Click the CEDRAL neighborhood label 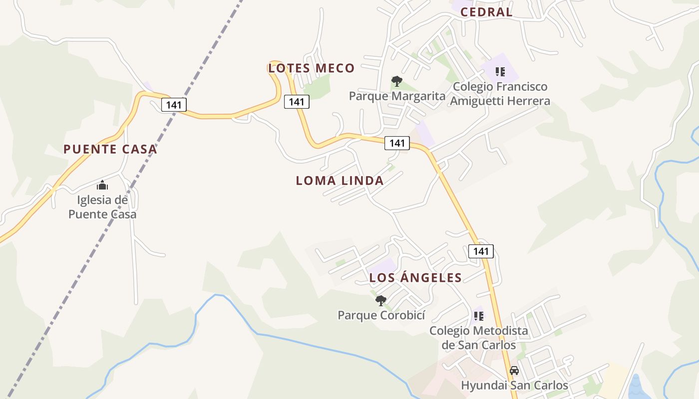point(486,12)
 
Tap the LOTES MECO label point(312,68)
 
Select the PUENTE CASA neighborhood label point(110,149)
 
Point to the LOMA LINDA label point(340,181)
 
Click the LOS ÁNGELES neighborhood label point(415,278)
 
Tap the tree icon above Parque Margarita point(397,81)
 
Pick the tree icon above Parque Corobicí point(381,300)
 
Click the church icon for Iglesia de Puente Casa point(102,186)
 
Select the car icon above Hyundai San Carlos point(514,371)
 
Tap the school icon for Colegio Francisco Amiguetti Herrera point(500,72)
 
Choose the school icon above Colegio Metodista point(479,316)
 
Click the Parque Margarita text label point(397,96)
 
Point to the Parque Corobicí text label point(381,315)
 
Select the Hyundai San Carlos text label point(514,386)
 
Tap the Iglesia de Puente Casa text point(102,207)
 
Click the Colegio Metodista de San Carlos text point(479,338)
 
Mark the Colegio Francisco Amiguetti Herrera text point(500,94)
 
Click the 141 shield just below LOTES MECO point(297,102)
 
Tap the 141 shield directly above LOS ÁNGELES point(481,251)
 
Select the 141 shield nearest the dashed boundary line point(174,105)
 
